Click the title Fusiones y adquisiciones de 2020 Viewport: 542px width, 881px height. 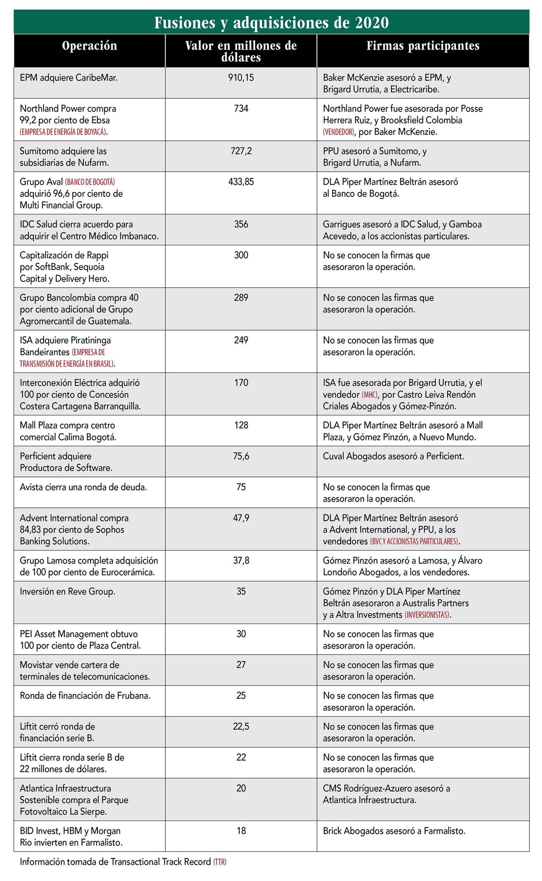(271, 22)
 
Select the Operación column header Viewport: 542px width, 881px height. (89, 46)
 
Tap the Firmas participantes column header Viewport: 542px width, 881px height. (423, 46)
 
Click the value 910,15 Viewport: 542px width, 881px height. (241, 78)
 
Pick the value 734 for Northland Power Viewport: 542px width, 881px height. (241, 109)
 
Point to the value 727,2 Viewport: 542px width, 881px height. (241, 151)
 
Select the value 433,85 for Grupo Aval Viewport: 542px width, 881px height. (241, 182)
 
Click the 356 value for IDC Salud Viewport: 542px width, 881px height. (241, 225)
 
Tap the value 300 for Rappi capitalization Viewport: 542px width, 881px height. (241, 256)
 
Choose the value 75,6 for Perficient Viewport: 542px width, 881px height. (241, 456)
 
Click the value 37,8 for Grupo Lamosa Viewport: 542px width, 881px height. (241, 561)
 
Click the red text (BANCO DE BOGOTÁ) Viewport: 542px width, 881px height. (90, 182)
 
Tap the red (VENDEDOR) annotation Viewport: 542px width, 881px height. (338, 132)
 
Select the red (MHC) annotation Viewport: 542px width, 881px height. (370, 395)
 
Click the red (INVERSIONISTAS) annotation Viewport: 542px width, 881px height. (427, 615)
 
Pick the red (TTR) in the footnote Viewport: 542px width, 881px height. (220, 862)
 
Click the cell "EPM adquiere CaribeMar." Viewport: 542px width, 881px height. (69, 78)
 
